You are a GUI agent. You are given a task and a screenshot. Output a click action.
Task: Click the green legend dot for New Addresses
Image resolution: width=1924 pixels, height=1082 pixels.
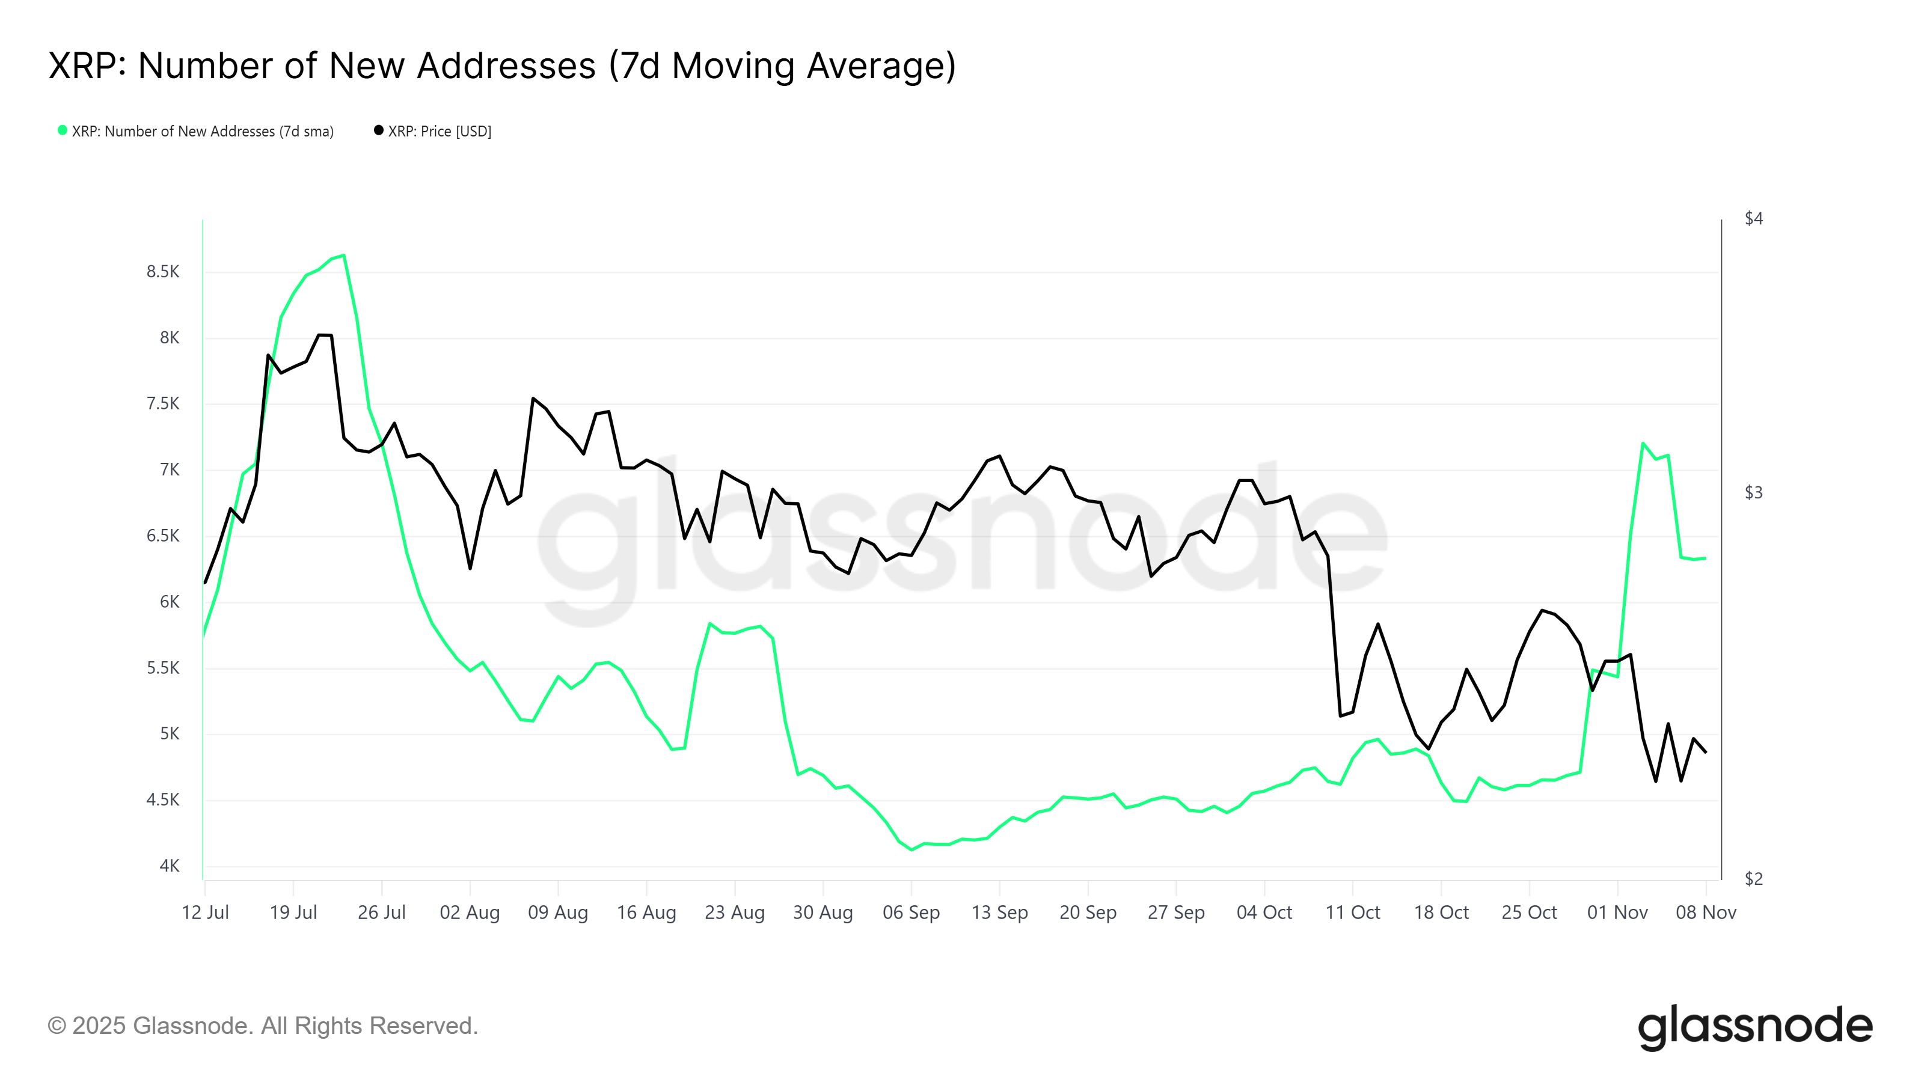pyautogui.click(x=63, y=130)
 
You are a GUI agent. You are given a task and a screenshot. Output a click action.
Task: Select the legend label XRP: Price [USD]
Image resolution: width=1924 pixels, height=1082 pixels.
pyautogui.click(x=439, y=132)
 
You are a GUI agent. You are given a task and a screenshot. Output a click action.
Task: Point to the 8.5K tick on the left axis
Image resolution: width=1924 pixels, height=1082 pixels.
pyautogui.click(x=163, y=272)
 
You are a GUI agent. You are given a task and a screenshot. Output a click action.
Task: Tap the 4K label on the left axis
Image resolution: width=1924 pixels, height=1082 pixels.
pyautogui.click(x=170, y=866)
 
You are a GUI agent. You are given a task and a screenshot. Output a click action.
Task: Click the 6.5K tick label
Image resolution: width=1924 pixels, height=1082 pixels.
pyautogui.click(x=163, y=536)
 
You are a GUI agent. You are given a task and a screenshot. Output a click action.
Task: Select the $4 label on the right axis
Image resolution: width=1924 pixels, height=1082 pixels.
pyautogui.click(x=1753, y=218)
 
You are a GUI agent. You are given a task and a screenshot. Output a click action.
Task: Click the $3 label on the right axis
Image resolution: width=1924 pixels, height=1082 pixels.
pyautogui.click(x=1753, y=492)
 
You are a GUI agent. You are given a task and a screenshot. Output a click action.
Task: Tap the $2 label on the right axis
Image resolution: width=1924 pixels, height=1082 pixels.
pyautogui.click(x=1753, y=879)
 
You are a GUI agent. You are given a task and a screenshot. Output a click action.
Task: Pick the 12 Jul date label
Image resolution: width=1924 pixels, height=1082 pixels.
pyautogui.click(x=206, y=912)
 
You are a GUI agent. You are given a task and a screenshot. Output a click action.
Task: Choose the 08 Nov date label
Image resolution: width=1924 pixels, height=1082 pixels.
pyautogui.click(x=1706, y=912)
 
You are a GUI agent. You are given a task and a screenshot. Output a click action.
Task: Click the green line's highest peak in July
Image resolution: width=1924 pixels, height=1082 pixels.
pyautogui.click(x=343, y=255)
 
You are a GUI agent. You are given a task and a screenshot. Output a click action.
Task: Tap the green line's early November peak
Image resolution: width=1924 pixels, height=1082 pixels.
pyautogui.click(x=1643, y=444)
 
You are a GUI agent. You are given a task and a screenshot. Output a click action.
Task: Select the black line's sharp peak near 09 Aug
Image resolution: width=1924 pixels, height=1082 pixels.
pyautogui.click(x=533, y=398)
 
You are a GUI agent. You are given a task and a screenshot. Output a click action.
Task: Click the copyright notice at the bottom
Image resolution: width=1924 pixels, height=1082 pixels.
pyautogui.click(x=263, y=1026)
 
